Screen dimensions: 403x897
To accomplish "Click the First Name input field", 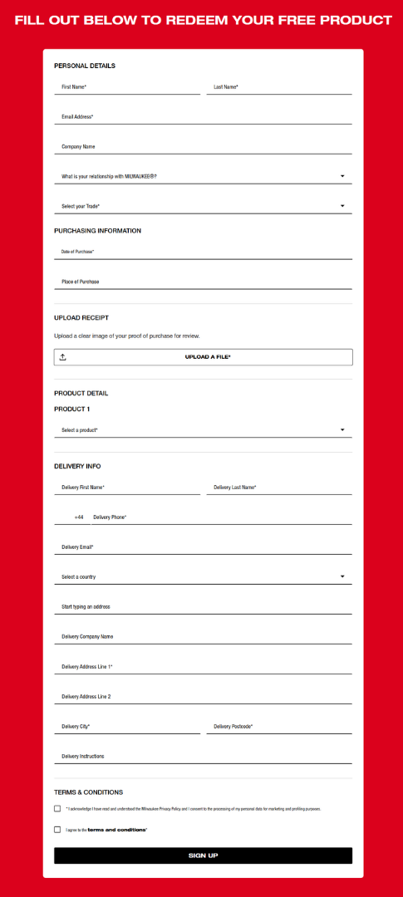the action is coord(127,86).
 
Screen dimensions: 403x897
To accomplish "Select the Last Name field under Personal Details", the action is coord(279,86).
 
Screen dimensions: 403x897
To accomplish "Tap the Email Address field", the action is coord(203,116).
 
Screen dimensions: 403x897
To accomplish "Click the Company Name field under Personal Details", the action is coord(203,146).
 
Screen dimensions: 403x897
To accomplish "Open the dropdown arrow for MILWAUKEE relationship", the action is coord(342,176).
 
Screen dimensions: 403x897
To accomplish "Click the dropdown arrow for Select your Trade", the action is coord(342,206).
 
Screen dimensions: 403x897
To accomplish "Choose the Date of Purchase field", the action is coord(203,251).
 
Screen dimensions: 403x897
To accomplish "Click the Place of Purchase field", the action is coord(203,282).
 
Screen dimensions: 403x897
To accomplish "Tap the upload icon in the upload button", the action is coord(63,357).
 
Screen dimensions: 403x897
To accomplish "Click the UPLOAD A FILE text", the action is coord(207,357).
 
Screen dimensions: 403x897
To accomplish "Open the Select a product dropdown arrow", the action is coord(342,430).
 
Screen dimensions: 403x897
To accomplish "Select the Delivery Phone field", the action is coord(221,517).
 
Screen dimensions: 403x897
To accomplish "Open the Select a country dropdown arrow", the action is coord(342,577).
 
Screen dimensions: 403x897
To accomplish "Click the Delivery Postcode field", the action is coord(279,727).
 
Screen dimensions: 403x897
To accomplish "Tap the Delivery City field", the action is coord(127,727).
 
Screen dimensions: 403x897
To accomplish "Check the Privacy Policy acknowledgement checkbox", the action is coord(57,808).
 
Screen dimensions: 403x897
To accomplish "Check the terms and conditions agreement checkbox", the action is coord(57,829).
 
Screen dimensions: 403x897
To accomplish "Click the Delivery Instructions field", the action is coord(203,757).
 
